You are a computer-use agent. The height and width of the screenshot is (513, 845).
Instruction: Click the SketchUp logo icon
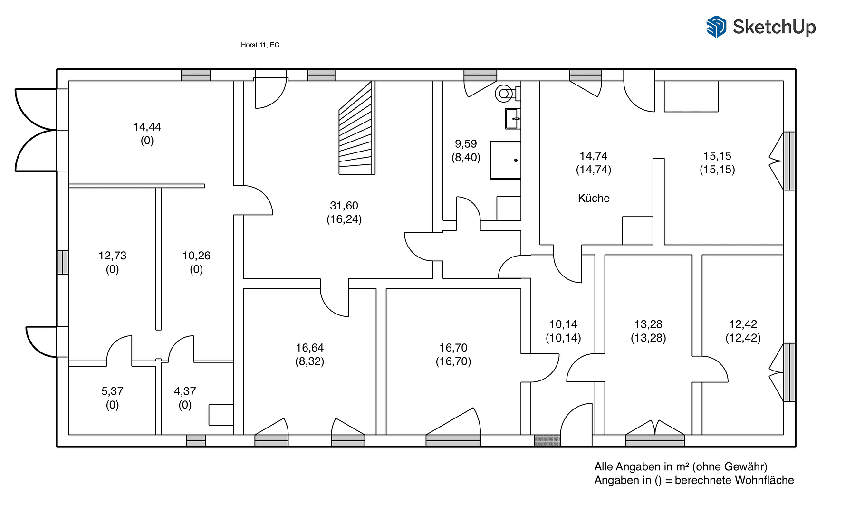click(716, 27)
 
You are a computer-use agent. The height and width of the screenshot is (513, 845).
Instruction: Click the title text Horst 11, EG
click(260, 45)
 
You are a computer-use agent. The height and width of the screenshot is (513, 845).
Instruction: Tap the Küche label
click(594, 198)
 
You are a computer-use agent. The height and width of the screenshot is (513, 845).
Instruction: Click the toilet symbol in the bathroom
click(506, 94)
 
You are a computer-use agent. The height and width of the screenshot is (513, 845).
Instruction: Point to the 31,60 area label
click(344, 206)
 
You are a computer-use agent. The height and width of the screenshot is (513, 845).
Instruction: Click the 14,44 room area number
click(147, 127)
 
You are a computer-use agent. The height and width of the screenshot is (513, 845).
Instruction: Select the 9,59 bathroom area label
click(466, 144)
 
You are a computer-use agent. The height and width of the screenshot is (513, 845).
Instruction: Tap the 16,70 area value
click(453, 348)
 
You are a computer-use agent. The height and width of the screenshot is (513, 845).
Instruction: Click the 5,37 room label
click(112, 391)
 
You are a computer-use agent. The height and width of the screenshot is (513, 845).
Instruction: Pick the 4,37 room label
click(185, 391)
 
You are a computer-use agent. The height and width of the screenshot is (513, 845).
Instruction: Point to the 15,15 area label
click(717, 156)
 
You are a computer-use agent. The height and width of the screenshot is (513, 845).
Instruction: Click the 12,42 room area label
click(743, 324)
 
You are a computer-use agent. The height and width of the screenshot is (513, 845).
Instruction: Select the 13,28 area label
click(648, 324)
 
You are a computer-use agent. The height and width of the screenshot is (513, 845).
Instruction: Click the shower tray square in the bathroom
click(505, 160)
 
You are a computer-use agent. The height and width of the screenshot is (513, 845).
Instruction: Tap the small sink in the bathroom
click(512, 119)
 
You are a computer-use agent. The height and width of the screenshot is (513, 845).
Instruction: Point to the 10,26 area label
click(196, 256)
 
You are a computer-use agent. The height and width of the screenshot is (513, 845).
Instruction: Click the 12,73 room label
click(112, 256)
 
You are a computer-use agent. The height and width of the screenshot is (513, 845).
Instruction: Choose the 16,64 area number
click(309, 348)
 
